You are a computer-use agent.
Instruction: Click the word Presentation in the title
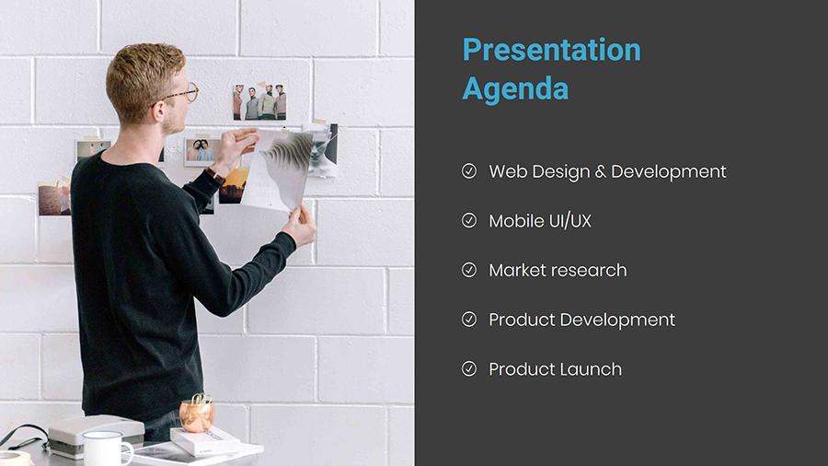(551, 51)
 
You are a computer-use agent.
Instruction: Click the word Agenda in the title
(515, 88)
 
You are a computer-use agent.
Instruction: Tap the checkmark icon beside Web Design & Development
(469, 171)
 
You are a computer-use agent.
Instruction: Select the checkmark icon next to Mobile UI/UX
(469, 220)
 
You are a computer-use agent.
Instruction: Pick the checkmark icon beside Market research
(469, 270)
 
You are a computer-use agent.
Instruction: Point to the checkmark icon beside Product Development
(469, 320)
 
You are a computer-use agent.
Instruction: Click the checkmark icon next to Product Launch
(469, 368)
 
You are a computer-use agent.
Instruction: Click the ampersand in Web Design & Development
(601, 171)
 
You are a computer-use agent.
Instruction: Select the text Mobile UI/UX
(540, 221)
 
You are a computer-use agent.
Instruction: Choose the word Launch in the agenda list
(591, 369)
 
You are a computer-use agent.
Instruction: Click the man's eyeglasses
(179, 95)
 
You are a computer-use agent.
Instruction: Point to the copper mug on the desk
(197, 413)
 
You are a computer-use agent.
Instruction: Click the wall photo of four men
(259, 101)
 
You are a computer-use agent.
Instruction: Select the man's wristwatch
(215, 175)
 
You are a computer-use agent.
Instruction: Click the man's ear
(158, 112)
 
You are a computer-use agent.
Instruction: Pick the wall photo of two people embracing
(201, 151)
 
